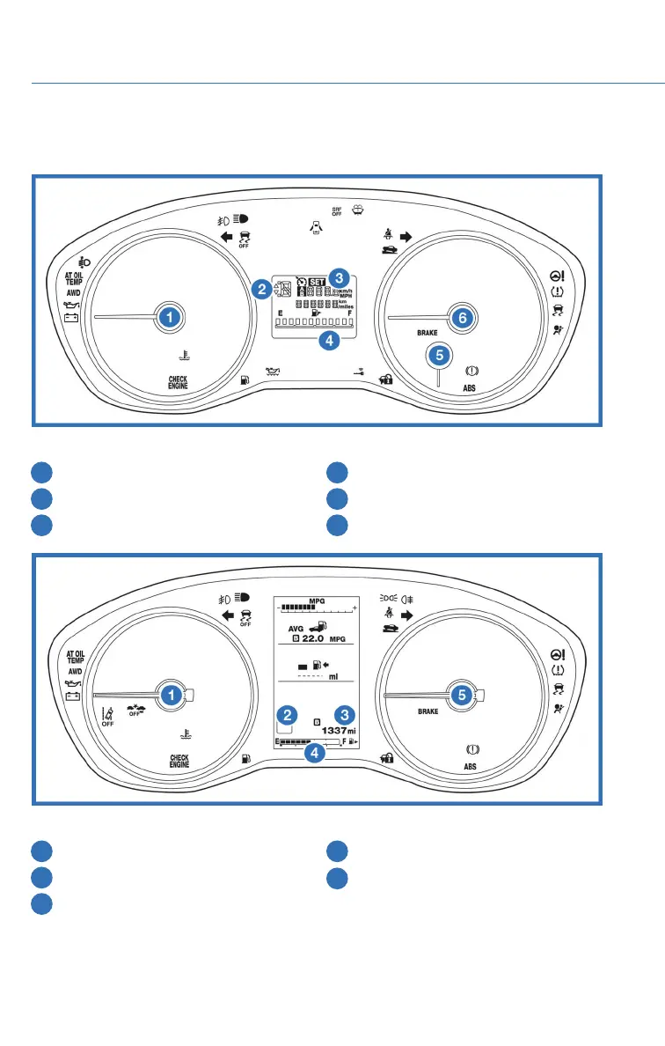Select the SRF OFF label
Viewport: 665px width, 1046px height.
tap(337, 211)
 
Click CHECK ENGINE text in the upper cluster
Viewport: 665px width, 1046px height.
tap(179, 382)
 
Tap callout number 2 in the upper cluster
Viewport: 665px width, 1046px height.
tap(261, 287)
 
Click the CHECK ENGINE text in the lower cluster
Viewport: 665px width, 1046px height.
tap(179, 761)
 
